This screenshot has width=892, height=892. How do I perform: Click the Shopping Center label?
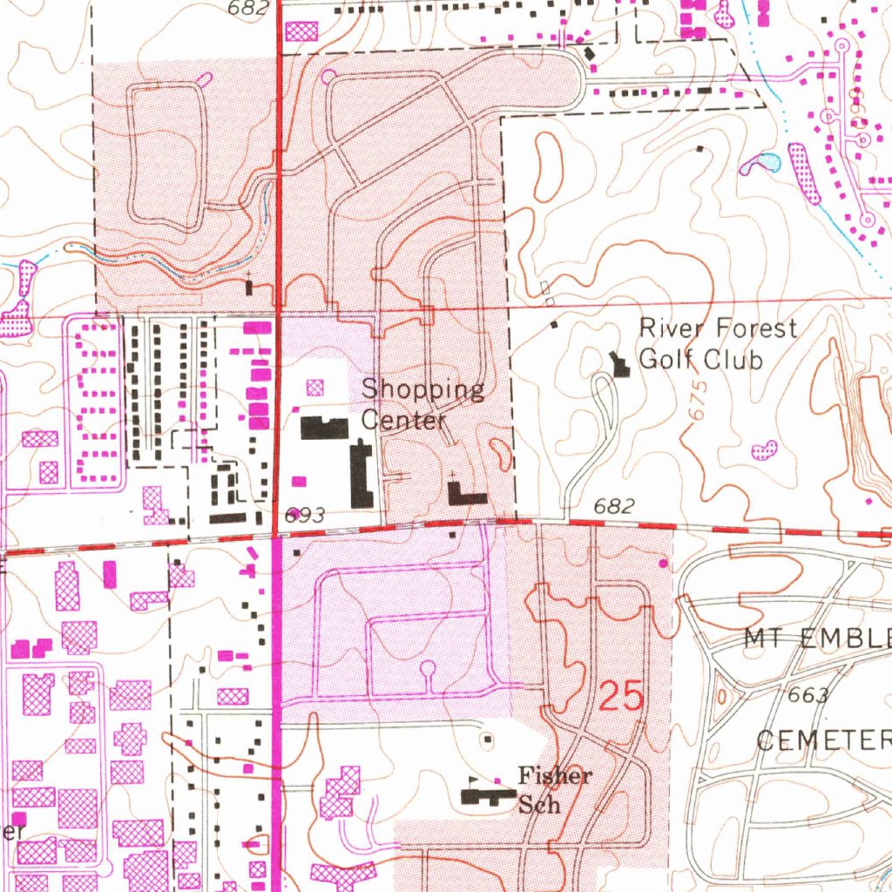click(x=422, y=403)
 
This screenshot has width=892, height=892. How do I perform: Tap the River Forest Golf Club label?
click(x=717, y=344)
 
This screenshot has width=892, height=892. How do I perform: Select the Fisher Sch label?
click(x=555, y=789)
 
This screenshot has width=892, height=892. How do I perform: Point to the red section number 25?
click(x=622, y=698)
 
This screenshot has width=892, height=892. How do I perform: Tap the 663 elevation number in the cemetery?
click(x=807, y=696)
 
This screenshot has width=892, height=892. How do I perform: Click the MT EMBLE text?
click(x=816, y=639)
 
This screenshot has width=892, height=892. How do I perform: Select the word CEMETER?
click(x=822, y=741)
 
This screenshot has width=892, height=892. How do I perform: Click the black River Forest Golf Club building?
click(x=620, y=363)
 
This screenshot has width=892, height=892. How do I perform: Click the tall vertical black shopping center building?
click(x=362, y=475)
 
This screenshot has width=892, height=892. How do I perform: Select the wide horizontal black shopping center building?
click(x=325, y=428)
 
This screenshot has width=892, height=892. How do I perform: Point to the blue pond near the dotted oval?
click(x=763, y=162)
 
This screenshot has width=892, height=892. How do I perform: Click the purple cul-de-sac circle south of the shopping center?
click(x=427, y=669)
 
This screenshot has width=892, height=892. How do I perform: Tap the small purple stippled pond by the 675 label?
click(x=764, y=449)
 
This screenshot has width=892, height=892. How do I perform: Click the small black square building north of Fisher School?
click(x=487, y=740)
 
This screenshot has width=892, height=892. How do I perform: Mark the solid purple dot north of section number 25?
click(x=665, y=564)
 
